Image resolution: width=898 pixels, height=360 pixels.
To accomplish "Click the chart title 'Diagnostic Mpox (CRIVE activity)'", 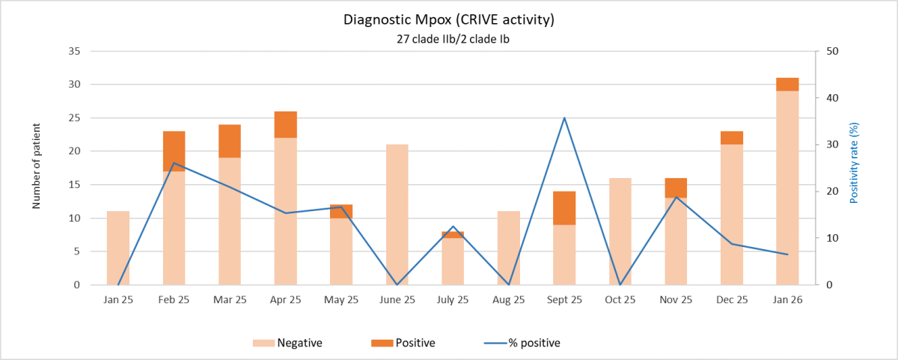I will coord(448,20).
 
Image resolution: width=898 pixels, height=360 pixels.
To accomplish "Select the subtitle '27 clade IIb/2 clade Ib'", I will coord(448,40).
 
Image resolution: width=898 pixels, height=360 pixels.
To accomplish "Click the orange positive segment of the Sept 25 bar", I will coord(564,208).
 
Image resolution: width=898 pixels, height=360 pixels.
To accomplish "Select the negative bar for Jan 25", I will coord(118,248).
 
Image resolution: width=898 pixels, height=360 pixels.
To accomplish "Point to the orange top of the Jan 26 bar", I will coord(787,84).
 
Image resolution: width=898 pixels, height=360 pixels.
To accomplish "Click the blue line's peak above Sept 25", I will coord(564,118).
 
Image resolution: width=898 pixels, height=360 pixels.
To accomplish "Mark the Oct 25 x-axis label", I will coord(620,299).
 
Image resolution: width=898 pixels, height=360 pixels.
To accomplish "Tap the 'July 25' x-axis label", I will coord(453,299).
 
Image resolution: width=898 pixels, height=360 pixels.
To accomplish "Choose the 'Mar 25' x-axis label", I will coord(230,299).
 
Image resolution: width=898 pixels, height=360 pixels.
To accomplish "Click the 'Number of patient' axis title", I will coord(37,168).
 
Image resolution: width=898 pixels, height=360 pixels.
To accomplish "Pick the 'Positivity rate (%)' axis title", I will coord(854,164).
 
